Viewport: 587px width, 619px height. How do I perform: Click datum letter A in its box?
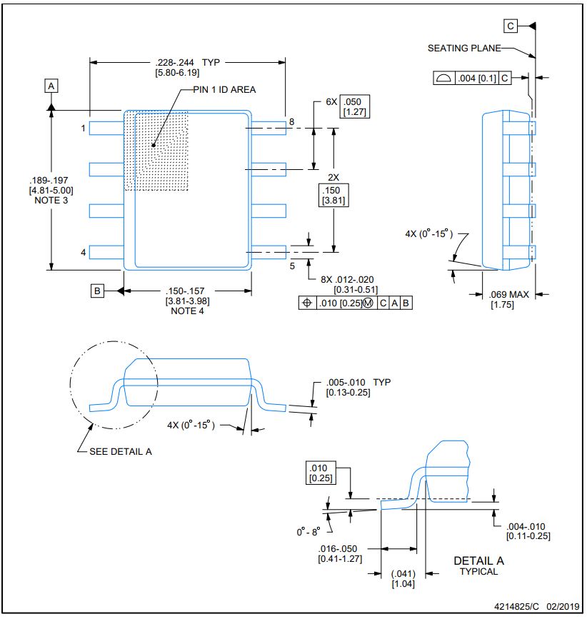51,86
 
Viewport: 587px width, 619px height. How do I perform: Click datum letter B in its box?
97,291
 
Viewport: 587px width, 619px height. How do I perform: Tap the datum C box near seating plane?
511,26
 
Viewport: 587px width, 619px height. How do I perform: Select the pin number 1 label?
84,129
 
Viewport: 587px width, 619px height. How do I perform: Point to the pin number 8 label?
292,121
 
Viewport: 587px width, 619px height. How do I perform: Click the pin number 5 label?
292,266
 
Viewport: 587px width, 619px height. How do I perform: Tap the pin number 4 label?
84,252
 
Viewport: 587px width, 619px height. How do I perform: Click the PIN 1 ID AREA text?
224,90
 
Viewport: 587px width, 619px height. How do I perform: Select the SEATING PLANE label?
464,48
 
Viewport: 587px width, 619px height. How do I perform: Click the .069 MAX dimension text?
509,294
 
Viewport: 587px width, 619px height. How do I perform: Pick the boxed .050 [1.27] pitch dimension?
354,106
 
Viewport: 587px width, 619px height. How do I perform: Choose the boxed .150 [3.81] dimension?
333,195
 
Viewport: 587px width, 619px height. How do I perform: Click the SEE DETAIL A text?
121,452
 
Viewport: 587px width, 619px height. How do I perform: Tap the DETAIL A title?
479,560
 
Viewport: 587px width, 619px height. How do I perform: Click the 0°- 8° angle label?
308,532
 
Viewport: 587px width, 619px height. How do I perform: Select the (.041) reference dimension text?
403,573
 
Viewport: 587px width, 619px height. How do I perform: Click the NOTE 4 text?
188,311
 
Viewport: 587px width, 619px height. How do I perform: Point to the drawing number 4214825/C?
516,606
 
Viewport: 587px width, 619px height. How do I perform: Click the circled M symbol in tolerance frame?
368,303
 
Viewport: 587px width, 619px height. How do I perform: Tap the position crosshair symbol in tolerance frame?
307,303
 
